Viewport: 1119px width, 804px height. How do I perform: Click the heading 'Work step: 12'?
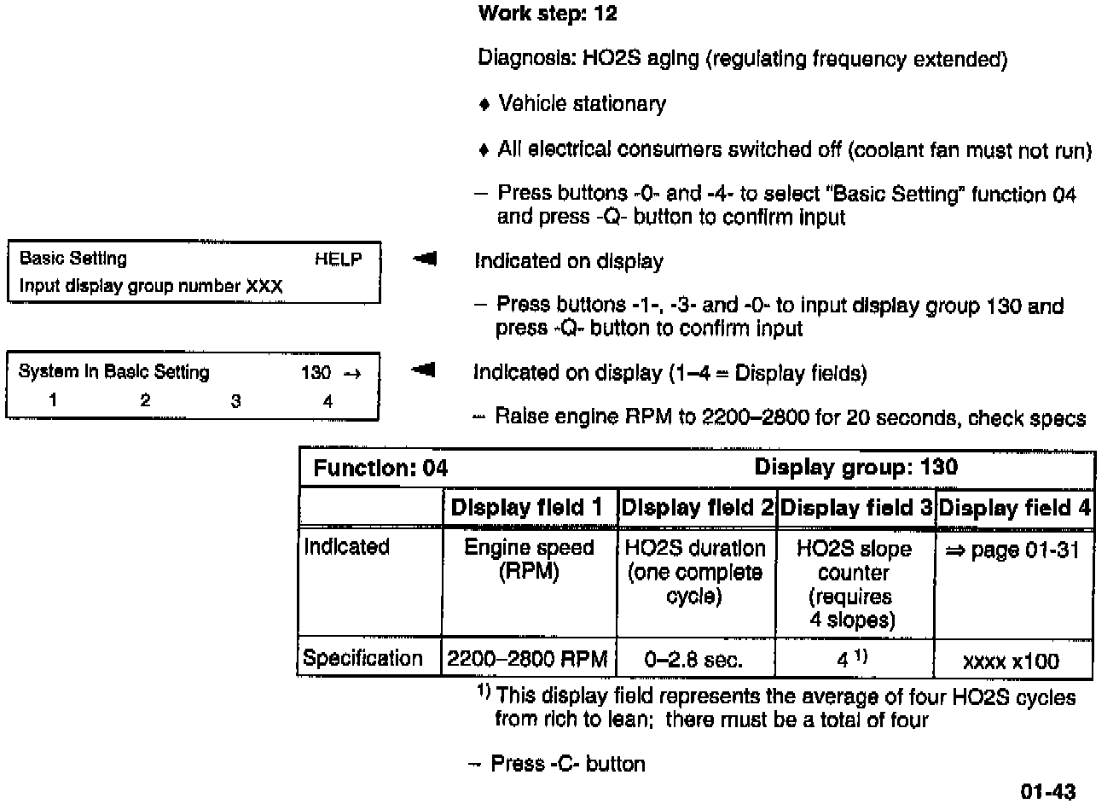(547, 14)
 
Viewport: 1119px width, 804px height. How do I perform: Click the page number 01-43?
(1048, 791)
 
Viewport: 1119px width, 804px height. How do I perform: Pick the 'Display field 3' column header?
(856, 508)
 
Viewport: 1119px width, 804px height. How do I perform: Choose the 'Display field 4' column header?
(1014, 508)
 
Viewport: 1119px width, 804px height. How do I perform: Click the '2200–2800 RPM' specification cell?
(527, 659)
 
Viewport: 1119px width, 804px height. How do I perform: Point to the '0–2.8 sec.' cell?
(694, 659)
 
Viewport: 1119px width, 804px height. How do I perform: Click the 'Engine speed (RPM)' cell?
(528, 559)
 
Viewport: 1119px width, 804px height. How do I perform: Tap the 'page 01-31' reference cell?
(1012, 551)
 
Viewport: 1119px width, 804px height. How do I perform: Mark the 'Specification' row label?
(362, 658)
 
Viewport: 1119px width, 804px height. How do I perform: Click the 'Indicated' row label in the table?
(346, 547)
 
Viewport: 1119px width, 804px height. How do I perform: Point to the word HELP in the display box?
(338, 259)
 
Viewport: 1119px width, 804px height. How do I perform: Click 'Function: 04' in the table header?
(380, 468)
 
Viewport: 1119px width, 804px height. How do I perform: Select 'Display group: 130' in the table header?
(855, 467)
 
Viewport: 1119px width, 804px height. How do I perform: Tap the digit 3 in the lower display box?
(235, 401)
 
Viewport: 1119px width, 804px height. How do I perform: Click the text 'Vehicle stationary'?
(582, 104)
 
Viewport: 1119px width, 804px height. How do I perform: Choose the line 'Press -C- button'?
(567, 763)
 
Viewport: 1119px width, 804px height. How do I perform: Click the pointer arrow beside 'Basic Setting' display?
(423, 259)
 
